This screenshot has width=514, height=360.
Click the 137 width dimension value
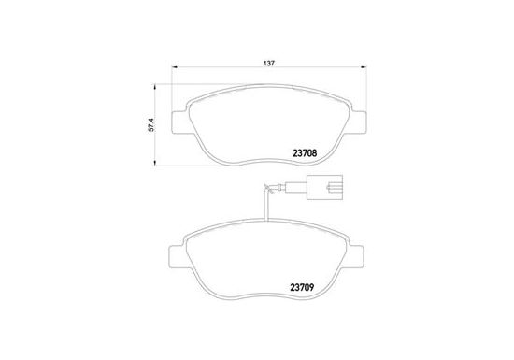269,64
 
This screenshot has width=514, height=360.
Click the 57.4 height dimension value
151,125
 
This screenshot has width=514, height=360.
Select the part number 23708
305,152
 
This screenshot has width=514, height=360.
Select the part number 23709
302,288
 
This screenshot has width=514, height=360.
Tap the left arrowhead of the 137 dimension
175,67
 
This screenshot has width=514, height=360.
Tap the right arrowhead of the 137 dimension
364,67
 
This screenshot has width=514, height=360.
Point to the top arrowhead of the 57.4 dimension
155,87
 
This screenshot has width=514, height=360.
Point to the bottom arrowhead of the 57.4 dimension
155,163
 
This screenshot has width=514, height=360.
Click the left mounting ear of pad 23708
180,122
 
